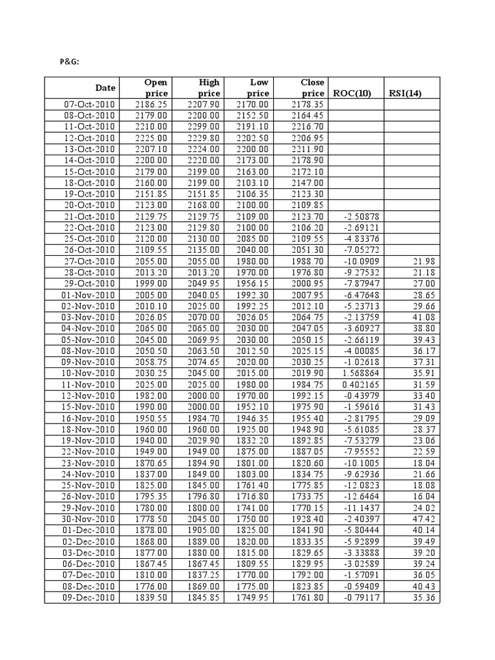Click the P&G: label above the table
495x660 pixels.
(70, 63)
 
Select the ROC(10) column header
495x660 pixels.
(352, 93)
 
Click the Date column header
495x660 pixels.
(106, 88)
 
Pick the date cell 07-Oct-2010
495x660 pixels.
(89, 104)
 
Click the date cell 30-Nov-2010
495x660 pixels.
(89, 519)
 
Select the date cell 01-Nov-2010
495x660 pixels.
(89, 295)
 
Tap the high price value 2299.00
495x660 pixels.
(204, 127)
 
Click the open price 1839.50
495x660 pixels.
(152, 597)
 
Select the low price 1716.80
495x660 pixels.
(253, 497)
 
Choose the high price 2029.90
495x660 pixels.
(204, 441)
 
